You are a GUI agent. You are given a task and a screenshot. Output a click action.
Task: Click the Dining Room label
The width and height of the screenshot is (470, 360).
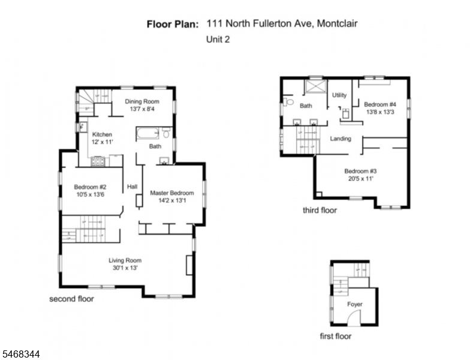point(142,101)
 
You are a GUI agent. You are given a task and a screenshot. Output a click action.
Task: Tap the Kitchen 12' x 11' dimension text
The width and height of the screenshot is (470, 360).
point(102,142)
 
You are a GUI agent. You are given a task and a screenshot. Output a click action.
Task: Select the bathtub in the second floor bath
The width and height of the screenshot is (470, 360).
point(147,133)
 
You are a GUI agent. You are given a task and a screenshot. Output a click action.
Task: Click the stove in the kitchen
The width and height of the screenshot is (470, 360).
point(98,161)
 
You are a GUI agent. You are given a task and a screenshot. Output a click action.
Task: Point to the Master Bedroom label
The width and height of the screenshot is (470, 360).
point(171,193)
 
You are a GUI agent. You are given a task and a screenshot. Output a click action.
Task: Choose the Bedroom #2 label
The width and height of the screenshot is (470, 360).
point(90,187)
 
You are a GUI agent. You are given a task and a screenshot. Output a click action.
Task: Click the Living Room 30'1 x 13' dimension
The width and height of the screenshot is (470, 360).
point(125,268)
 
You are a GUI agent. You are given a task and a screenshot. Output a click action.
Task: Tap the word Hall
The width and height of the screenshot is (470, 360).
point(132,187)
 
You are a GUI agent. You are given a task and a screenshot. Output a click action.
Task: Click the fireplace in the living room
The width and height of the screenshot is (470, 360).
point(189,265)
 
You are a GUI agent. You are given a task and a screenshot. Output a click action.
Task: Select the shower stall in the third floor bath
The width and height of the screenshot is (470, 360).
point(315,86)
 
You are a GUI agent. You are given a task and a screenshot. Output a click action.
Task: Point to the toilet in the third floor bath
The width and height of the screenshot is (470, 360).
point(288,102)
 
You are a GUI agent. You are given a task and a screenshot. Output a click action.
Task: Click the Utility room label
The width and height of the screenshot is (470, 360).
point(339,95)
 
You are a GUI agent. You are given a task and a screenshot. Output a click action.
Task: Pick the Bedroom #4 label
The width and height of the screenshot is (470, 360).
point(380,104)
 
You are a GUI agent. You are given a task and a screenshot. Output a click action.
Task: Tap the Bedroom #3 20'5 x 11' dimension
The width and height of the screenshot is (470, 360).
point(361,179)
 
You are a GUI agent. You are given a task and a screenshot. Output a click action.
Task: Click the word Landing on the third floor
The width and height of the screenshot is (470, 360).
point(341,139)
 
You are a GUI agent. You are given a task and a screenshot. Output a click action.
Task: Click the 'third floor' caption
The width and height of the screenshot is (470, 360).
point(320,210)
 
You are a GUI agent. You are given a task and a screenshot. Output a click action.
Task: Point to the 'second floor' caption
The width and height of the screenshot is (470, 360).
point(72,299)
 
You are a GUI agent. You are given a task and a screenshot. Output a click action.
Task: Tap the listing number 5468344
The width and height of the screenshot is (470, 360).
point(20,354)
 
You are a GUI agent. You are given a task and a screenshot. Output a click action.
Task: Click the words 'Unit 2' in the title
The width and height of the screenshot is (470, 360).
point(218,40)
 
